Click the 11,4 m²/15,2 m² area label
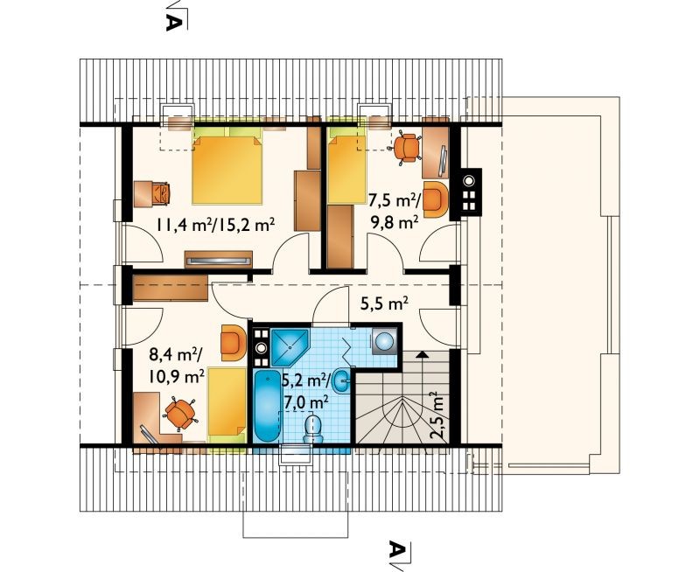[x=214, y=225]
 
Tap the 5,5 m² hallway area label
[x=384, y=303]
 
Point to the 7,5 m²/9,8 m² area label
[x=393, y=211]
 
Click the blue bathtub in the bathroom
[x=267, y=407]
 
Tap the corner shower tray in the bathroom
[x=290, y=347]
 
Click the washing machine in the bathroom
[x=384, y=342]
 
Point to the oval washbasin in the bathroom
[x=345, y=381]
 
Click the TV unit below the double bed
[x=218, y=259]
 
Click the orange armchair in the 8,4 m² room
[x=233, y=342]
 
